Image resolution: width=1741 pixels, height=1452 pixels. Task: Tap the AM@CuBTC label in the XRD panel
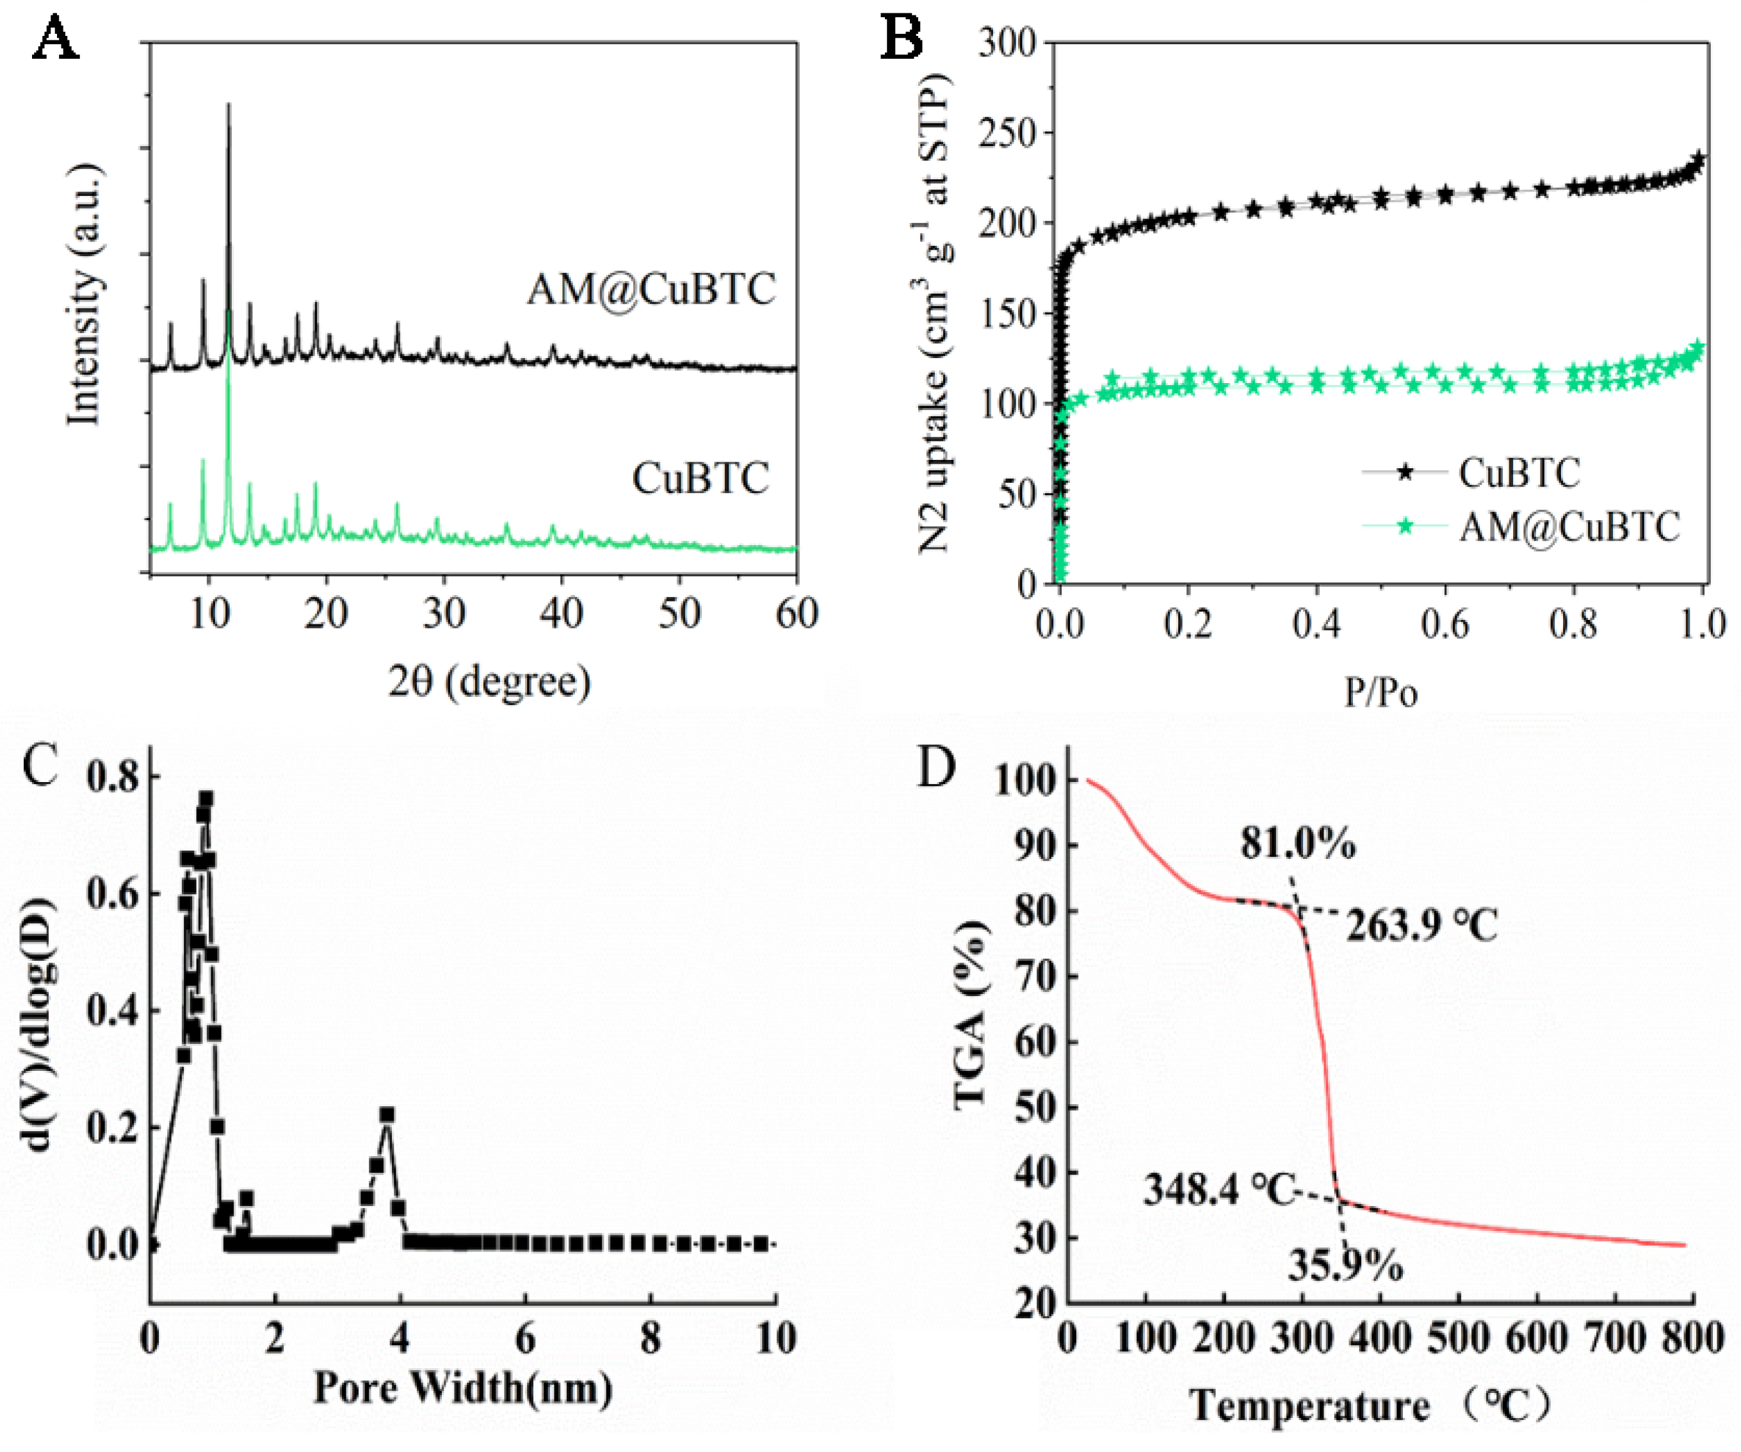click(x=651, y=290)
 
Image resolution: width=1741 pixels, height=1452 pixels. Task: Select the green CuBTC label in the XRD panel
click(x=700, y=478)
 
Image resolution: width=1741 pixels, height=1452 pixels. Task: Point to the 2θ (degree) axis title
click(x=489, y=681)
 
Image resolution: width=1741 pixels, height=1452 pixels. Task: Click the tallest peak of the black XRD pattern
click(x=229, y=106)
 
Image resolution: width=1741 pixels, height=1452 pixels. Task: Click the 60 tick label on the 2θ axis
click(x=797, y=613)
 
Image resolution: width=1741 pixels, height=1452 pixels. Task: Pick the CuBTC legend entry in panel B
click(x=1519, y=473)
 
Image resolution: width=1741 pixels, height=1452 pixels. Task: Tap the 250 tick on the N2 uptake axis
click(x=1007, y=133)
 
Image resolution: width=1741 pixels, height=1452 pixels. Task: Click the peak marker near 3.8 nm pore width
click(x=386, y=1114)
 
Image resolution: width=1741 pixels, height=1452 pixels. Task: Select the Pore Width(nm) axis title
click(x=462, y=1387)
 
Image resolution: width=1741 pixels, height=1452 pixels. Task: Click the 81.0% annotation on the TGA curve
click(x=1299, y=844)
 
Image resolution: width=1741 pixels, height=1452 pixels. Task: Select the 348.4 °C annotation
click(x=1219, y=1190)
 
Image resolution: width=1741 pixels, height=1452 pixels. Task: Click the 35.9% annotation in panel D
click(x=1345, y=1266)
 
